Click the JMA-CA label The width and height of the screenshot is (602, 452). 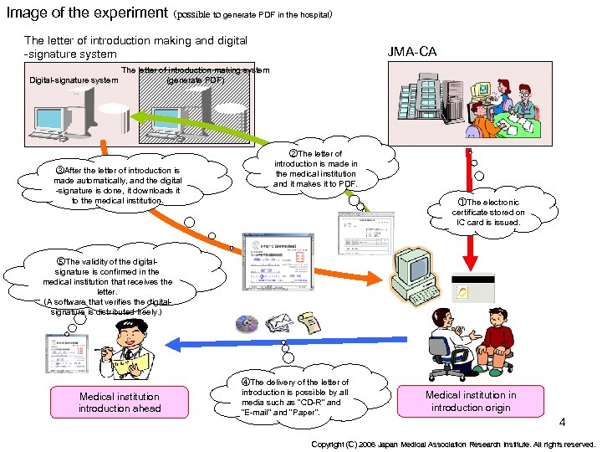click(x=411, y=52)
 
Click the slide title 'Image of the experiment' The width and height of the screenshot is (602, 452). click(x=86, y=13)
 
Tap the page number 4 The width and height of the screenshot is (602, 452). click(x=563, y=422)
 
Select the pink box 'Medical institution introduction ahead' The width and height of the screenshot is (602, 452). click(x=119, y=402)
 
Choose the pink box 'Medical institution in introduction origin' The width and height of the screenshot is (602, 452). click(x=471, y=401)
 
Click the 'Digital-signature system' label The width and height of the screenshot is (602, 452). click(x=74, y=80)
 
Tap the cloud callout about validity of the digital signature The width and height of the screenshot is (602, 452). click(x=107, y=282)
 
